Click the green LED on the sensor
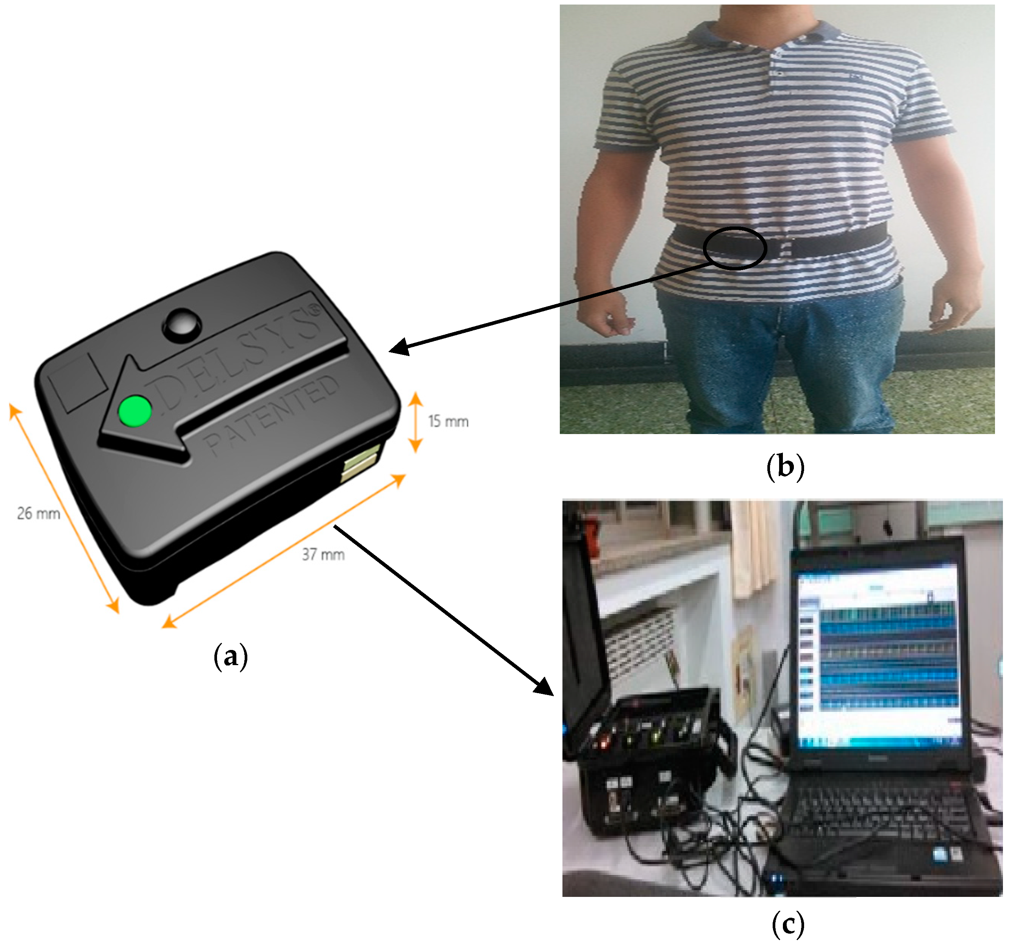pyautogui.click(x=135, y=411)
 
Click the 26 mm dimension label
pyautogui.click(x=39, y=514)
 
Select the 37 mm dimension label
pyautogui.click(x=323, y=554)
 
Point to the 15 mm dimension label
pyautogui.click(x=448, y=421)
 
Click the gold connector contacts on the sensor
pyautogui.click(x=360, y=462)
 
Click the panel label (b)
pyautogui.click(x=785, y=466)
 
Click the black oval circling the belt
pyautogui.click(x=734, y=248)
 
